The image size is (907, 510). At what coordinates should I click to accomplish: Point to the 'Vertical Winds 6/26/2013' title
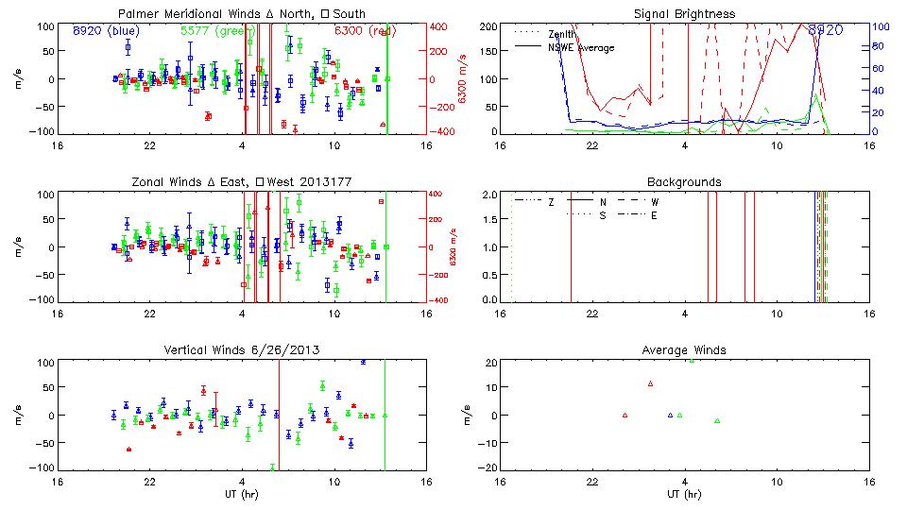click(x=242, y=350)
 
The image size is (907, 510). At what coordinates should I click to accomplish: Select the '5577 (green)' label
click(x=217, y=30)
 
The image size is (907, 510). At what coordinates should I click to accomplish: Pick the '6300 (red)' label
click(x=365, y=30)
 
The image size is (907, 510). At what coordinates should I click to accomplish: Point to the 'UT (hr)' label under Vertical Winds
click(x=242, y=494)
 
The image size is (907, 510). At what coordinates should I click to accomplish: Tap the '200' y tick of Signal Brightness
click(x=488, y=25)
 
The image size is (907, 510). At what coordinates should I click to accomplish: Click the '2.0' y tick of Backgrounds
click(x=490, y=195)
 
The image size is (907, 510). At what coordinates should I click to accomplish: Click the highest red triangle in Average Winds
click(x=650, y=383)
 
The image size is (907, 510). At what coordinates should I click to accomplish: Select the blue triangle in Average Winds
click(x=670, y=415)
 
